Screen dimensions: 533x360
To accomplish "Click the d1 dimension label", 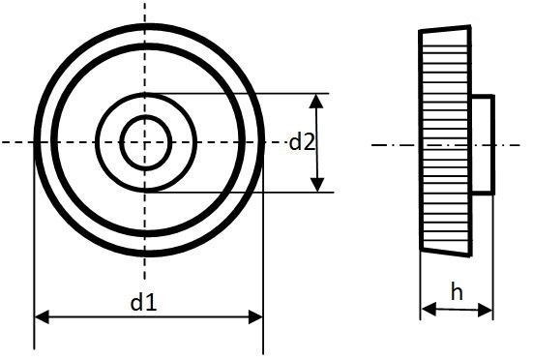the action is [143, 303].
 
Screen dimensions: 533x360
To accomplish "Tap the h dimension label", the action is [457, 291].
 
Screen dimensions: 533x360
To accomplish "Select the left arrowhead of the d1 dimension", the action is [42, 316].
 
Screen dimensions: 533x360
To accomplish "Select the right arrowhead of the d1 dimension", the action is [255, 316].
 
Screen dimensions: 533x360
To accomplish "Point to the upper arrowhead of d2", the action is [317, 101].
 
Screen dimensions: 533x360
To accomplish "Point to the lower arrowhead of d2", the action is [317, 185].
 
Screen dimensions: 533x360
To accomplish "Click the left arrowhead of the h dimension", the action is [429, 310].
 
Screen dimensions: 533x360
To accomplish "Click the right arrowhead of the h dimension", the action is [485, 310].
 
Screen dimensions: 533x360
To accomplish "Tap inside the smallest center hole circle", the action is [145, 143].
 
